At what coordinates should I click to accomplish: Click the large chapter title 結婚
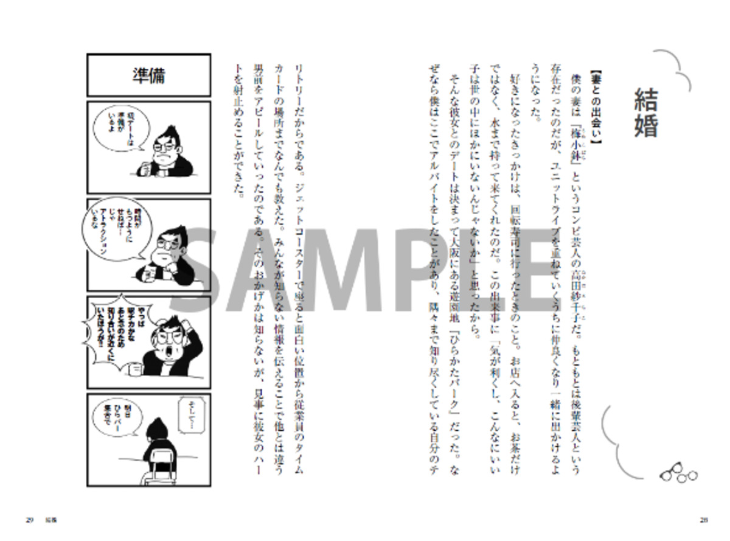tap(645, 113)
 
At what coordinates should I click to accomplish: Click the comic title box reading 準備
tap(149, 75)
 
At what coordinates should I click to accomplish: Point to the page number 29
tap(29, 520)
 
